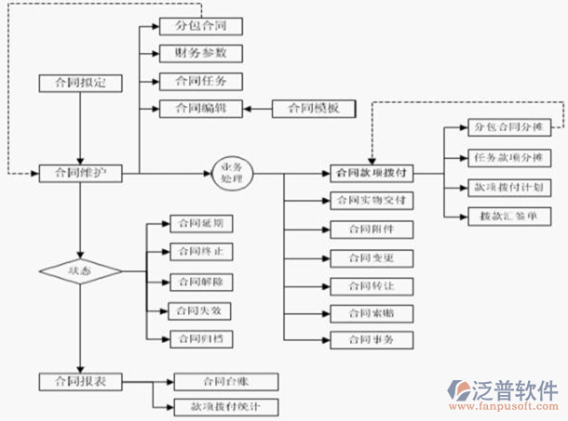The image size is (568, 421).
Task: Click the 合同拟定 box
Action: pyautogui.click(x=80, y=83)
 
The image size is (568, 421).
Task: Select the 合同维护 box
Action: pyautogui.click(x=80, y=173)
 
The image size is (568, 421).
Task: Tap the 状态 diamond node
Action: pyautogui.click(x=80, y=271)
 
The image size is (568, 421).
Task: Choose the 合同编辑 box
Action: pyautogui.click(x=201, y=109)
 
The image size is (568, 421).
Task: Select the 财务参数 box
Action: pyautogui.click(x=201, y=53)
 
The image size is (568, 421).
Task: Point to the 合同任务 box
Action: pyautogui.click(x=201, y=81)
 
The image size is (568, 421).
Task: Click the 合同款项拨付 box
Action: pyautogui.click(x=372, y=173)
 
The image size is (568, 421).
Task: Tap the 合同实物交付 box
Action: pyautogui.click(x=372, y=200)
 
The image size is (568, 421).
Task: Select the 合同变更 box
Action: pyautogui.click(x=372, y=257)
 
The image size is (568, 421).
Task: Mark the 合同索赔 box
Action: pyautogui.click(x=372, y=312)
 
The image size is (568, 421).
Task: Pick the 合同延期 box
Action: pyautogui.click(x=199, y=224)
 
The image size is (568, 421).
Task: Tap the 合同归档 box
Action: pyautogui.click(x=199, y=339)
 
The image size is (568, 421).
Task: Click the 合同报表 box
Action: pyautogui.click(x=80, y=380)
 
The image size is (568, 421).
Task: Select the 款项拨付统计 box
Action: pyautogui.click(x=226, y=407)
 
